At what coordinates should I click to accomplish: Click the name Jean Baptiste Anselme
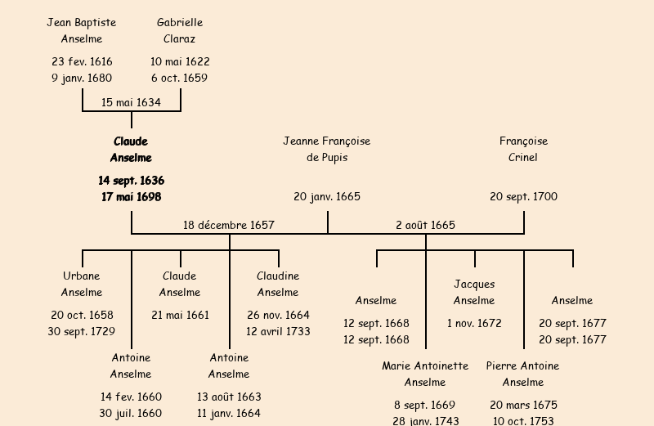(82, 30)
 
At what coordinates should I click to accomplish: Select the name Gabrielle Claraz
(180, 30)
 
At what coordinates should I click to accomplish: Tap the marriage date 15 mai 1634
(131, 102)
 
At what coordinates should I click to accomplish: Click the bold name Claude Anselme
(131, 150)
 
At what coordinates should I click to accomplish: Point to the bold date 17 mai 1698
(131, 197)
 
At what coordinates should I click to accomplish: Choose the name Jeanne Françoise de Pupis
(327, 150)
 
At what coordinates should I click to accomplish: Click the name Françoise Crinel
(523, 150)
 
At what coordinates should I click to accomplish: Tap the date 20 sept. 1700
(523, 196)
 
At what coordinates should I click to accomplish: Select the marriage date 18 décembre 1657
(229, 225)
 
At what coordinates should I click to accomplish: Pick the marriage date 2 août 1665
(425, 225)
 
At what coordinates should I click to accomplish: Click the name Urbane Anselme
(82, 284)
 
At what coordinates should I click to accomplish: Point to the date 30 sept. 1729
(82, 331)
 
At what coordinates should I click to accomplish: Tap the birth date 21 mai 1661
(180, 315)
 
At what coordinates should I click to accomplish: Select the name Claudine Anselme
(278, 284)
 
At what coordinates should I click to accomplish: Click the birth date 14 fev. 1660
(131, 397)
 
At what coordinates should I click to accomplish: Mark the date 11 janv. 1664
(229, 413)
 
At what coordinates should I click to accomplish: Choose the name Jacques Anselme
(474, 292)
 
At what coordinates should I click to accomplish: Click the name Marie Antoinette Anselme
(425, 374)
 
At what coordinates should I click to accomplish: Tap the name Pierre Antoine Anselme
(523, 374)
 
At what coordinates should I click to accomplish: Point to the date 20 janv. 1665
(327, 196)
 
